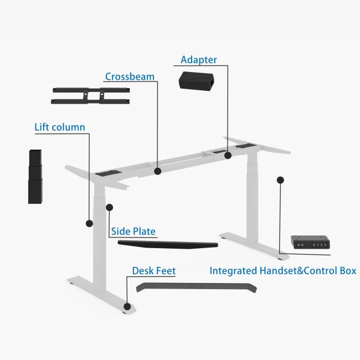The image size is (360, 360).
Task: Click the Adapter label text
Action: coord(199,60)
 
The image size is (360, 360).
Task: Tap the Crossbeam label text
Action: coord(130,76)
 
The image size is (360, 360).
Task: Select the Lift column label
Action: coord(60,127)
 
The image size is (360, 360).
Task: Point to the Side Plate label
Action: coord(133,231)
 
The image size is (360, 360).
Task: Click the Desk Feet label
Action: coord(154,271)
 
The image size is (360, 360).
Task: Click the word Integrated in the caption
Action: coord(233,271)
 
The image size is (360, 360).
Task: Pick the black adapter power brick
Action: coord(197,80)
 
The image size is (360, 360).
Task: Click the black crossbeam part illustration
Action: coord(90,96)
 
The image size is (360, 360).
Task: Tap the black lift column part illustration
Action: coord(35,177)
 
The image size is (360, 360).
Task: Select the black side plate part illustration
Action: coord(168,244)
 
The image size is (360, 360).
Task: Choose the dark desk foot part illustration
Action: coord(197,287)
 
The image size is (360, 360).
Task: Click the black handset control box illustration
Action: coord(310,242)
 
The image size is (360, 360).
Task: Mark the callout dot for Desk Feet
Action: coord(127,306)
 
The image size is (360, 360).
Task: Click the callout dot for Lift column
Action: coord(89,223)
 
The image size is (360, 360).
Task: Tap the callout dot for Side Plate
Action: coord(110,208)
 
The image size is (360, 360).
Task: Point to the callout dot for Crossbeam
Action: coord(157,171)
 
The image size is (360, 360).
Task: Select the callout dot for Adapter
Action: coord(228,156)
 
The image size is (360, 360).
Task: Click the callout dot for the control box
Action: coord(280,180)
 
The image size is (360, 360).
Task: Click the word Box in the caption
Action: coord(348,271)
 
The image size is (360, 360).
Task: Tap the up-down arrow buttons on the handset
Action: coord(300,245)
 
